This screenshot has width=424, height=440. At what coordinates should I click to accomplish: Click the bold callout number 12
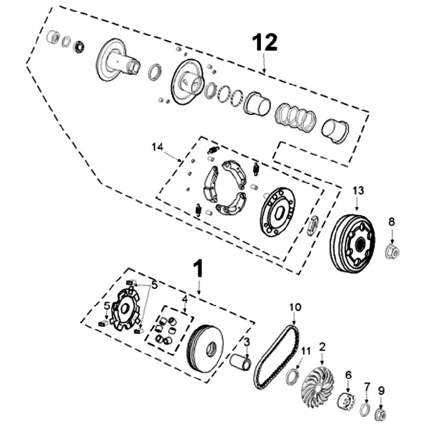(264, 42)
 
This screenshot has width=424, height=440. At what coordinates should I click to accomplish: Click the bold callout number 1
(198, 269)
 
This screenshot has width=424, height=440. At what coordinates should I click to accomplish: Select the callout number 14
(157, 147)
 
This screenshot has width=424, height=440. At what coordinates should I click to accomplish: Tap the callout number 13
(358, 190)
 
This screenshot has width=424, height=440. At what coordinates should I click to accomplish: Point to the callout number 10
(295, 307)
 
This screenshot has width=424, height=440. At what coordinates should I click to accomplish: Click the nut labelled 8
(392, 252)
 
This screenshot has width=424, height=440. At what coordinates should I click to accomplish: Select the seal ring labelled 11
(293, 377)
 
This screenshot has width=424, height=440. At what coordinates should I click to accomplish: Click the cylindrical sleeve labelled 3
(240, 364)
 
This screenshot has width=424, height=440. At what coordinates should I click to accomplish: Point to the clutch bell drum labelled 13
(352, 243)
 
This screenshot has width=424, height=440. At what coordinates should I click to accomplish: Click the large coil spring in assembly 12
(296, 117)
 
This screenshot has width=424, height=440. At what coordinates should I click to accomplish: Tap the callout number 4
(184, 299)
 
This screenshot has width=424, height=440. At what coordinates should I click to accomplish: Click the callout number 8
(392, 222)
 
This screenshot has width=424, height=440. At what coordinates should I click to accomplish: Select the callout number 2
(323, 347)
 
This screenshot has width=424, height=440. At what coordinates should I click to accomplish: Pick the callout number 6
(348, 375)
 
